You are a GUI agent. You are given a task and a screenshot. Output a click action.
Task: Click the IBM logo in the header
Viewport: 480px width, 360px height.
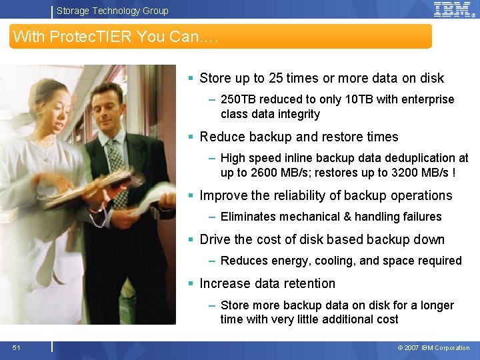(452, 9)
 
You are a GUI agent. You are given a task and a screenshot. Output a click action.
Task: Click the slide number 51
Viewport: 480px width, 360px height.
(16, 347)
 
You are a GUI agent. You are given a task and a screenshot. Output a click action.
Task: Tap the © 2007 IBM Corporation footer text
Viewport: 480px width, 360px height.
(433, 348)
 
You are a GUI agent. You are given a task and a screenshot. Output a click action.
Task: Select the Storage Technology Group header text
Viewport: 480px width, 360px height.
(112, 11)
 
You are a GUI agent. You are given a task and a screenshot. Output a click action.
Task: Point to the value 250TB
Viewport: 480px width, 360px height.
(238, 99)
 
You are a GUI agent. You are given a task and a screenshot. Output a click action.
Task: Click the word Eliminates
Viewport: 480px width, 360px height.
(248, 217)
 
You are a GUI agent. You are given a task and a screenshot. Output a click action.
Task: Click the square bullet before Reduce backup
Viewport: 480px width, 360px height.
(191, 137)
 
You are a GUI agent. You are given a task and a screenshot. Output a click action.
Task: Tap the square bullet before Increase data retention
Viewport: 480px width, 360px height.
(191, 284)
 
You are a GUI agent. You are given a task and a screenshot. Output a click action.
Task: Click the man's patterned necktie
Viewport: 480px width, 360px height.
(117, 170)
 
